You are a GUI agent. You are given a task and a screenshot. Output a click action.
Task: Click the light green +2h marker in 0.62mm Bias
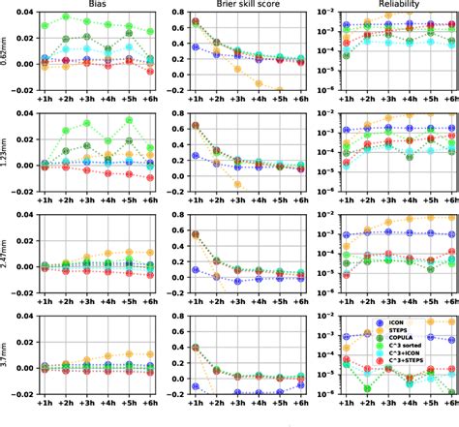(x=66, y=17)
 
